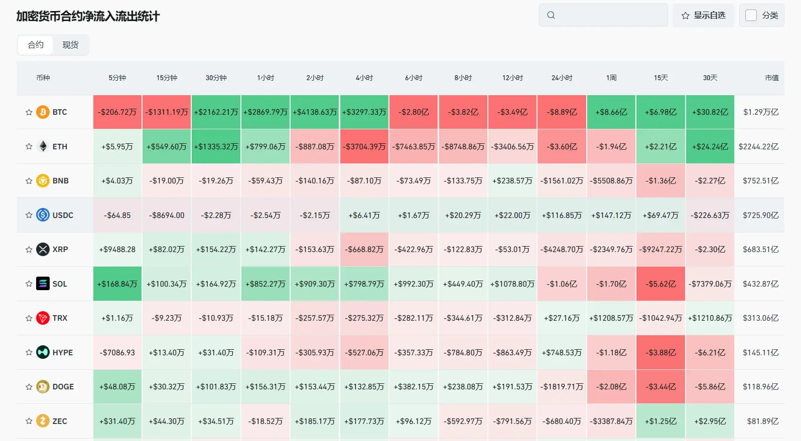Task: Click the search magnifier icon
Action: tap(551, 15)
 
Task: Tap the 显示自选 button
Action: tap(703, 16)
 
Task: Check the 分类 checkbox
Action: tap(751, 16)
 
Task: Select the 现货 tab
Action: tap(70, 45)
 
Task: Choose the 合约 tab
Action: tap(36, 45)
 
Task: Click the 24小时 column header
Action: tap(562, 78)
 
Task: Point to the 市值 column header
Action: tap(772, 78)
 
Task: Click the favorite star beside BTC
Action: tap(29, 112)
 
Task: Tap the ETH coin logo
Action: tap(43, 146)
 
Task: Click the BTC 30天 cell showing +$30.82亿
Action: tap(710, 112)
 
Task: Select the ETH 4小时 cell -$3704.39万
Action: tap(364, 146)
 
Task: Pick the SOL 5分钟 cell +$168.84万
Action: tap(117, 284)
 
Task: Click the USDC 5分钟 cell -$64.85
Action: tap(117, 215)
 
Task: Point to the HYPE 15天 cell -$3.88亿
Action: tap(660, 352)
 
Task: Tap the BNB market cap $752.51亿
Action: tap(760, 181)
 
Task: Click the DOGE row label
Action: tap(63, 387)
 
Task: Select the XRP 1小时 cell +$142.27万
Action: tap(265, 249)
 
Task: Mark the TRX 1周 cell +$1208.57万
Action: tap(611, 318)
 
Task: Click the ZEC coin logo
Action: tap(43, 421)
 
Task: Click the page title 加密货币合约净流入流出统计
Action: tap(88, 17)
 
